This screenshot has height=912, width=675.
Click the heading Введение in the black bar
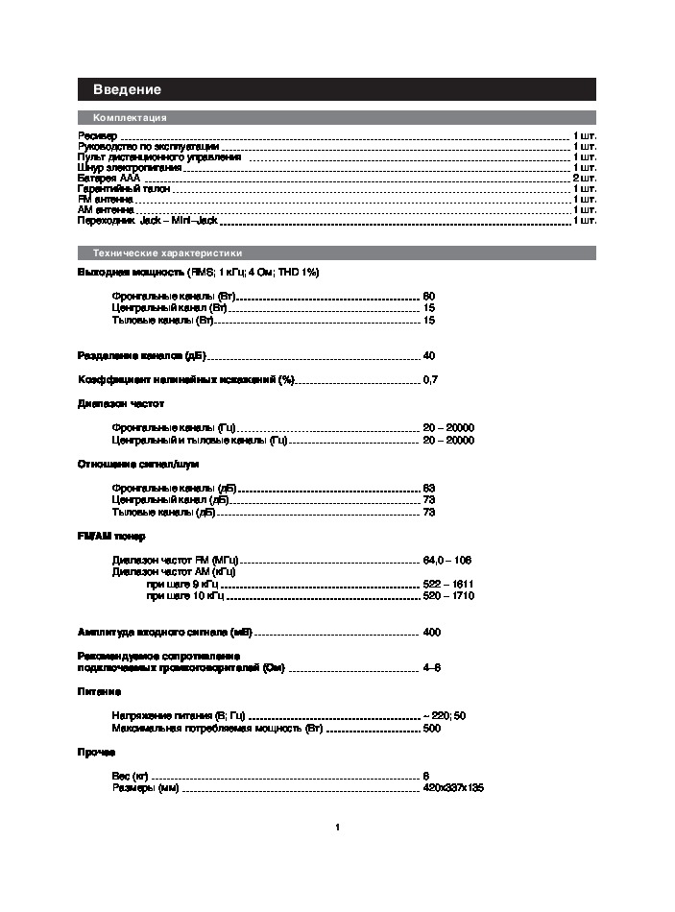tap(127, 89)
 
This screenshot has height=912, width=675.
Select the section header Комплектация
tap(130, 117)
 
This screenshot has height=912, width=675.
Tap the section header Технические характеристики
tap(167, 253)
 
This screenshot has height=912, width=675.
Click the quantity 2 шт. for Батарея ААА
tap(584, 179)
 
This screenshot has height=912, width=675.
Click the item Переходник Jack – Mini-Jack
tap(148, 221)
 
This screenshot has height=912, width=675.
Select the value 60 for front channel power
tap(429, 296)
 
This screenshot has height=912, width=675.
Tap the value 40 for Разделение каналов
tap(429, 355)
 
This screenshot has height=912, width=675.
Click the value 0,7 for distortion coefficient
tap(430, 380)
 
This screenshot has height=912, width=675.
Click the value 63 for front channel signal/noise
tap(429, 488)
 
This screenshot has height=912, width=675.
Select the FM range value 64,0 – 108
tap(446, 560)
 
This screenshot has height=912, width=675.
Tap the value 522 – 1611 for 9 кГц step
tap(448, 584)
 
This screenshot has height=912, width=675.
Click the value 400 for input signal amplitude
tap(432, 632)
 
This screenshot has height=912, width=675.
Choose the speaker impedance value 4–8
tap(432, 667)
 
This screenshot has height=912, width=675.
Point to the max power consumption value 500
tap(432, 729)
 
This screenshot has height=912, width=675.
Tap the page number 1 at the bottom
tap(338, 827)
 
